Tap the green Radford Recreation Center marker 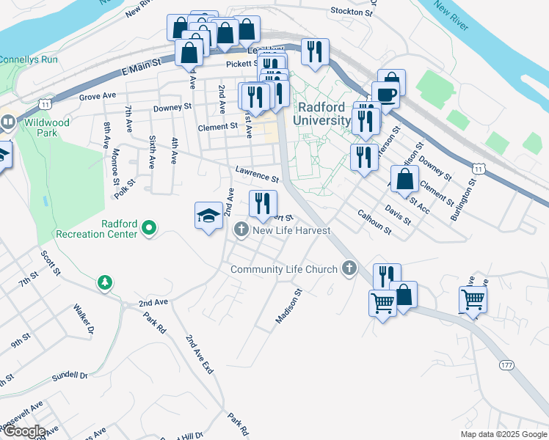tap(149, 228)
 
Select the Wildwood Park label tap(46, 128)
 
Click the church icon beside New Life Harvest tap(241, 230)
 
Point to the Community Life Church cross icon tap(349, 269)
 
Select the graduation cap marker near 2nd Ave tap(208, 216)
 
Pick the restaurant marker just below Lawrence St tap(263, 203)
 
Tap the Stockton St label tap(347, 12)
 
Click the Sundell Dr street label tap(69, 376)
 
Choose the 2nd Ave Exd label tap(198, 355)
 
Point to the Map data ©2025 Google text tap(503, 434)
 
